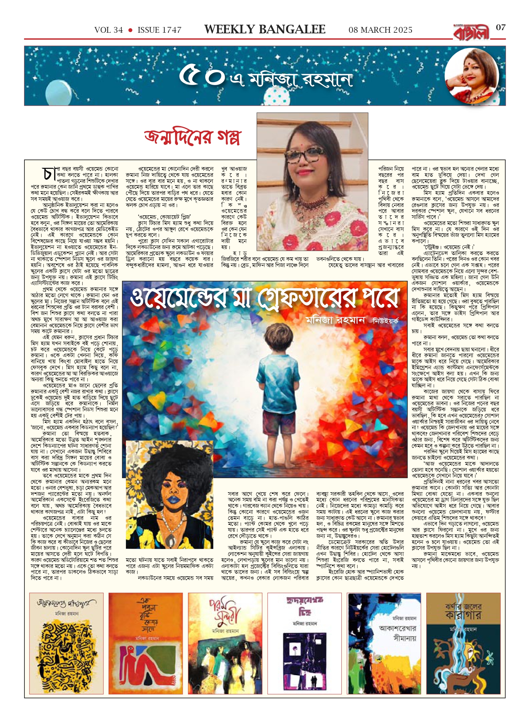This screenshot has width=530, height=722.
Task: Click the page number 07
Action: click(500, 28)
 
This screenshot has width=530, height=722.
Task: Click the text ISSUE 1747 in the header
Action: click(159, 30)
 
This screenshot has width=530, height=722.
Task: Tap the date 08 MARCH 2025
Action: click(380, 30)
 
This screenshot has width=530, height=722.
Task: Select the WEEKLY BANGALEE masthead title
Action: click(265, 30)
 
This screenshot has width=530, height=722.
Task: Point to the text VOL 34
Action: click(109, 30)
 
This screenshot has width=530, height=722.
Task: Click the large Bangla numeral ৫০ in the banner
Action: click(201, 76)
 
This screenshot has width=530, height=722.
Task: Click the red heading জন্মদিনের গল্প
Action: click(192, 137)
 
